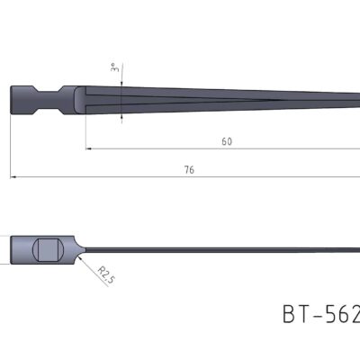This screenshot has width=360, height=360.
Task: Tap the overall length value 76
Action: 189,168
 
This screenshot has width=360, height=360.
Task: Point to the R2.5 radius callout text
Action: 105,274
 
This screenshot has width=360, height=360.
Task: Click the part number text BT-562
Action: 320,314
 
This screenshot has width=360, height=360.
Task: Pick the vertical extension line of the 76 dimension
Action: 11,144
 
